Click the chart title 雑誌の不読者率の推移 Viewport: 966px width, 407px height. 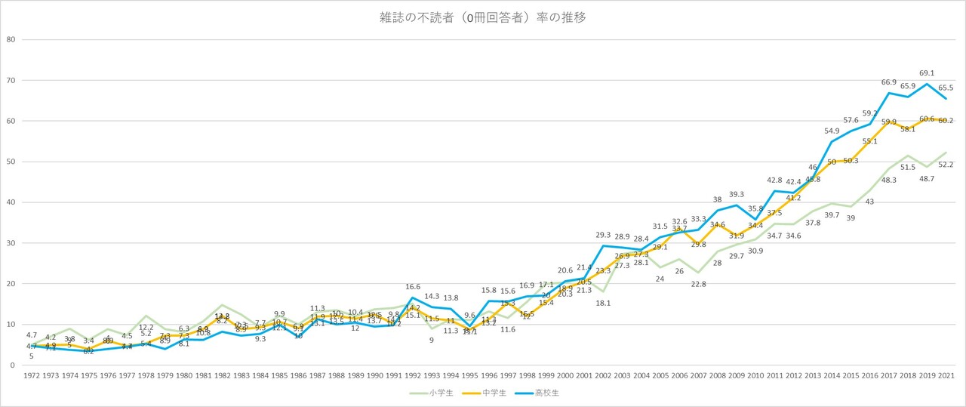click(x=482, y=17)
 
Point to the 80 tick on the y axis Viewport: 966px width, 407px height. click(x=11, y=39)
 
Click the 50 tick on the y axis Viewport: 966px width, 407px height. click(x=11, y=162)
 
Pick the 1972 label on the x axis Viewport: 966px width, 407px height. click(x=32, y=375)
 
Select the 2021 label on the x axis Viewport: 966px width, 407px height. click(x=947, y=375)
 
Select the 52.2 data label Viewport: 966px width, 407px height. click(x=946, y=164)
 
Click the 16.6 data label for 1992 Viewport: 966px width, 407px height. click(x=413, y=287)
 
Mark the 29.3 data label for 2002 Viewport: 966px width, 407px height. click(x=603, y=236)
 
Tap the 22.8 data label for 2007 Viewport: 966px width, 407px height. click(x=699, y=284)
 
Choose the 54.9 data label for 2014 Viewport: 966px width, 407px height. click(x=832, y=131)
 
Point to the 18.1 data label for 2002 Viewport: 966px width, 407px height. click(x=603, y=303)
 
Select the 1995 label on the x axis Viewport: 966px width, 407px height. click(x=470, y=375)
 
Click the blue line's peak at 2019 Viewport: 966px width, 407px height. click(x=928, y=84)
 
